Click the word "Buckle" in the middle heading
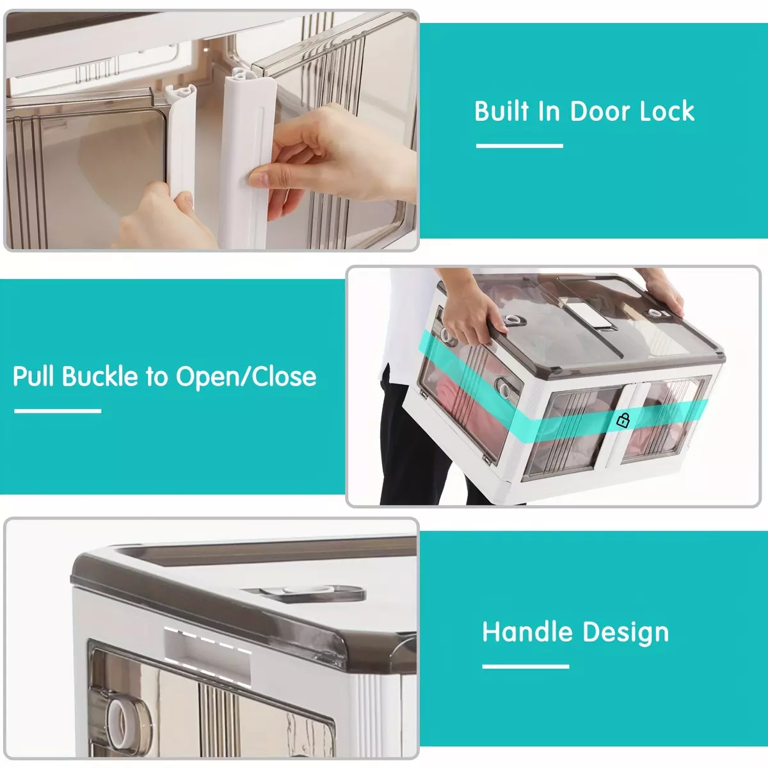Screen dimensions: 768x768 point(100,376)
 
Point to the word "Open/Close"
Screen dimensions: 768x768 point(246,377)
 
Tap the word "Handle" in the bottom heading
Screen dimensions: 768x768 point(527,632)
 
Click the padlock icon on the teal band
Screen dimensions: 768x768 point(623,420)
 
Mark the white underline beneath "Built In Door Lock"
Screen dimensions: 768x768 point(519,146)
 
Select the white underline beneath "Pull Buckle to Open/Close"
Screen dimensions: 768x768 point(58,411)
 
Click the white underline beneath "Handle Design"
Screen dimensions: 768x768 point(525,666)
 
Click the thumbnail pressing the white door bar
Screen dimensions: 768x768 point(259,178)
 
